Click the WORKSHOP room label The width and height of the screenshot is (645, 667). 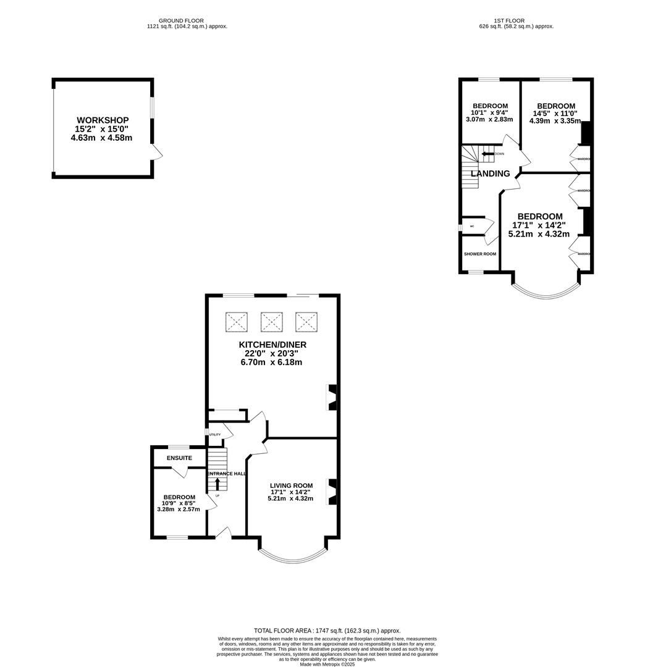[x=103, y=120]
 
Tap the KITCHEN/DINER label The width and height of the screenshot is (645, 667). [x=272, y=345]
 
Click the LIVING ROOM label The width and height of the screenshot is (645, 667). [x=290, y=485]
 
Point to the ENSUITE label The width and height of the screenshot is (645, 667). [x=179, y=458]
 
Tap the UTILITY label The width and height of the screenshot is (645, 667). [x=214, y=435]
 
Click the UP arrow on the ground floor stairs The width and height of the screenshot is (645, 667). [x=217, y=484]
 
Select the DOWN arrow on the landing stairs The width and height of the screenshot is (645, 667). [x=487, y=154]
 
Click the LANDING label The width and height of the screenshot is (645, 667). [x=491, y=174]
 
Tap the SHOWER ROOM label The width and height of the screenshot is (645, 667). [x=480, y=254]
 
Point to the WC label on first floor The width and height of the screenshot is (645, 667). [x=472, y=227]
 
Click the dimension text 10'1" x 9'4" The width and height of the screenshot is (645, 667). [x=489, y=112]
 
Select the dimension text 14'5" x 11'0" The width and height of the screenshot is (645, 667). [x=555, y=114]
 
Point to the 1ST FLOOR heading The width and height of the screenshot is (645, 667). [x=516, y=20]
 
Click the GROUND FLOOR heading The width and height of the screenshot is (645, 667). [x=181, y=20]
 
